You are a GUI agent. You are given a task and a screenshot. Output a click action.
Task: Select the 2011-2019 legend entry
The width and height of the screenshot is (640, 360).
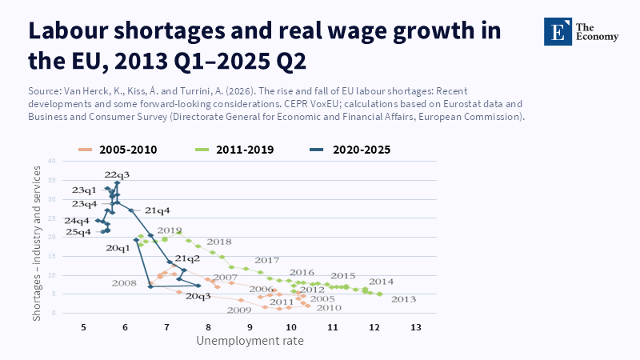(x=238, y=149)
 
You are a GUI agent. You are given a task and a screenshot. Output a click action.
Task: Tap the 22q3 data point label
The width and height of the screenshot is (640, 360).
(x=116, y=175)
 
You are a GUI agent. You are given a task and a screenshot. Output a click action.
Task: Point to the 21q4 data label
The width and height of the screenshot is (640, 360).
(x=157, y=210)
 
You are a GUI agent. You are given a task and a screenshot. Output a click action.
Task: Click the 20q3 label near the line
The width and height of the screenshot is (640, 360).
(x=198, y=296)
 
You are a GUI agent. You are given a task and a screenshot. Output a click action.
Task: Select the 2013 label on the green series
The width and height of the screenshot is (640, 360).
(x=404, y=299)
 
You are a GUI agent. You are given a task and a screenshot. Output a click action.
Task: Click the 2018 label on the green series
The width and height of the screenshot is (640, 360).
(x=218, y=242)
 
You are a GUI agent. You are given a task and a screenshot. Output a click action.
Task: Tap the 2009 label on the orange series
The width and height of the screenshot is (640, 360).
(x=239, y=310)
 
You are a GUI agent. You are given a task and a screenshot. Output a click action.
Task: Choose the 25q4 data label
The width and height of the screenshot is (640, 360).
(x=78, y=232)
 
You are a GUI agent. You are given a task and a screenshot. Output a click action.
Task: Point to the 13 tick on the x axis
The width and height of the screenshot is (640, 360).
(x=415, y=327)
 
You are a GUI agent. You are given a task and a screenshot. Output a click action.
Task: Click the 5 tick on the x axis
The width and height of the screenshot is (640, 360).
(x=84, y=327)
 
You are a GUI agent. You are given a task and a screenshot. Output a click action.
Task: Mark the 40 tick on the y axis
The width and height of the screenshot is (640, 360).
(x=50, y=161)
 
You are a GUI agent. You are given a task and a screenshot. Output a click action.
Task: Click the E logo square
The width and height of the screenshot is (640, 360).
(x=556, y=30)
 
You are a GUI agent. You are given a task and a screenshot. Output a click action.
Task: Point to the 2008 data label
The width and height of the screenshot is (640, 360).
(x=124, y=283)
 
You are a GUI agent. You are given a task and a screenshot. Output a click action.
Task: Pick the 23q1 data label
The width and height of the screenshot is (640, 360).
(x=83, y=190)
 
